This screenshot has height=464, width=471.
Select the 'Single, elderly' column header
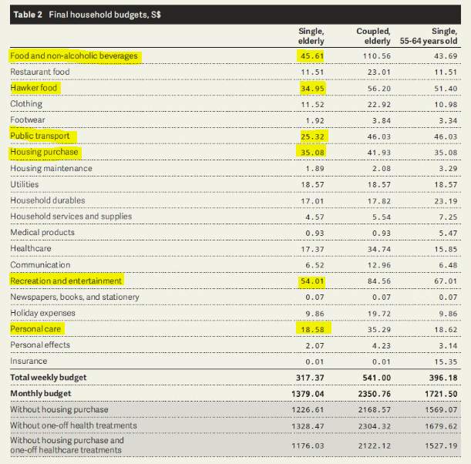click(311, 36)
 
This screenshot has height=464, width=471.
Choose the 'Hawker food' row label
click(34, 88)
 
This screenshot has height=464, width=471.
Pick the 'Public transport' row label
click(45, 136)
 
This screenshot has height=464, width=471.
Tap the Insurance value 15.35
click(443, 361)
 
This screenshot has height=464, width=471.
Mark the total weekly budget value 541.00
click(375, 378)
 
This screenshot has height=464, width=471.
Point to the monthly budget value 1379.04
click(308, 394)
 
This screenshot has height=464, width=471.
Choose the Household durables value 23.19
click(443, 200)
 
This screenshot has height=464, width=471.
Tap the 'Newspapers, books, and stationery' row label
click(75, 297)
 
